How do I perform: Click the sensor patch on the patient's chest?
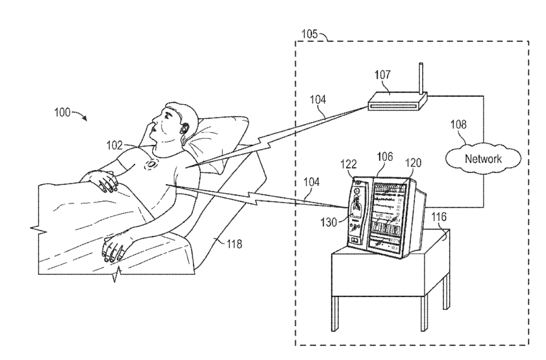click(x=151, y=165)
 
